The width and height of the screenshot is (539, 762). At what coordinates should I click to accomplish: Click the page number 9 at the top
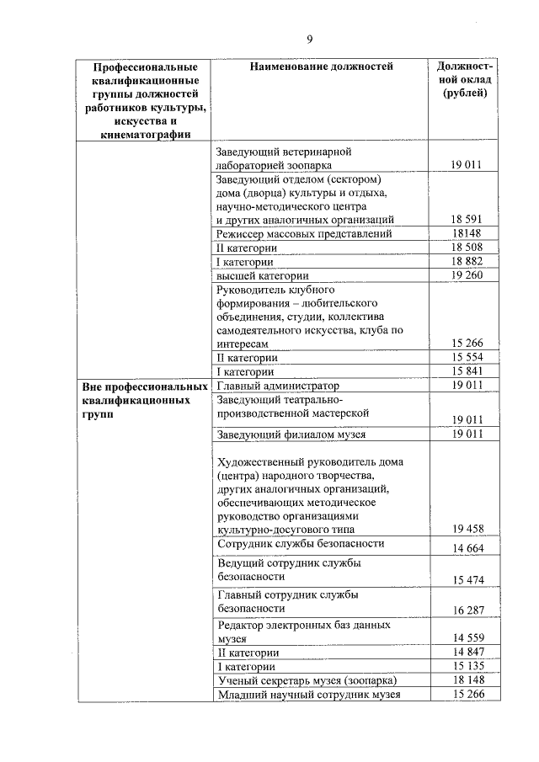(309, 39)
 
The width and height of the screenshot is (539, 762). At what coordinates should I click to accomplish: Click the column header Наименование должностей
(321, 67)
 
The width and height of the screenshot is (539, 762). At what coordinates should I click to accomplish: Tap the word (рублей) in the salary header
(465, 93)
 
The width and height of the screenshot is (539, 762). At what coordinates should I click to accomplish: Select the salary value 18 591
(466, 219)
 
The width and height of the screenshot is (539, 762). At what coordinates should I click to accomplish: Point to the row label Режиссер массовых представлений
(303, 233)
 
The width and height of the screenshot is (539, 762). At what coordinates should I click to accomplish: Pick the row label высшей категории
(263, 275)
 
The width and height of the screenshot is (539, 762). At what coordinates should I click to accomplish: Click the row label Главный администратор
(277, 386)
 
